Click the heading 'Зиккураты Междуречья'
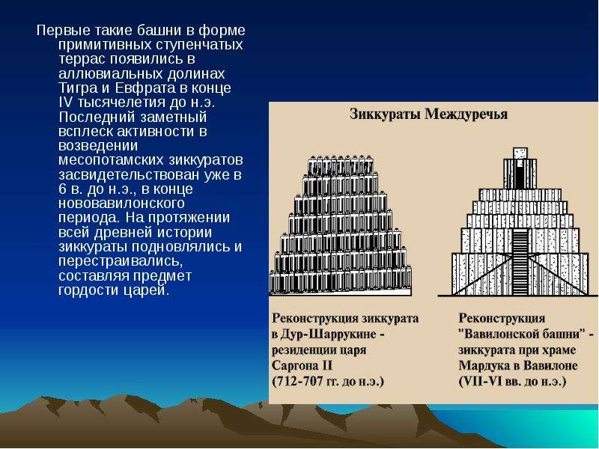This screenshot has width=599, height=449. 428,114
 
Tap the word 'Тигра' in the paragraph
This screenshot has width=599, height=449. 77,88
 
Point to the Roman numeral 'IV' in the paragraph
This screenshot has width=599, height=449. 66,103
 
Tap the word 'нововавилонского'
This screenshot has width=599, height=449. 121,203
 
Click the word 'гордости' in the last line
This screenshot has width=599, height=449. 88,290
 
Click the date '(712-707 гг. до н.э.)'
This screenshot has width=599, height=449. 327,382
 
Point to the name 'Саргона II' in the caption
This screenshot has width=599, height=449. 302,365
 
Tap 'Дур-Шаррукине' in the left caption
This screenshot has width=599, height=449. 329,334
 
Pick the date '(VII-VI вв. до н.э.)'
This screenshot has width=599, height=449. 512,382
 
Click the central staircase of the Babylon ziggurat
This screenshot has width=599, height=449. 520,263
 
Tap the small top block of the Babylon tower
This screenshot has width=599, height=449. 520,153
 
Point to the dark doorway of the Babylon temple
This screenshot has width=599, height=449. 520,174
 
